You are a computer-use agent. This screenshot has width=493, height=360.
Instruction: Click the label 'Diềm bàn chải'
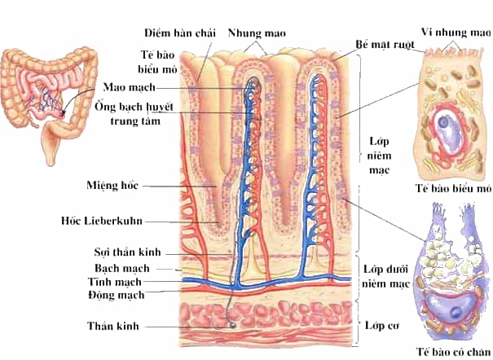click(x=180, y=33)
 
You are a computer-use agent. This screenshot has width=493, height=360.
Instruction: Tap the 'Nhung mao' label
click(x=257, y=33)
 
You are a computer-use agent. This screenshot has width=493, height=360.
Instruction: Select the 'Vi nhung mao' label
click(x=456, y=32)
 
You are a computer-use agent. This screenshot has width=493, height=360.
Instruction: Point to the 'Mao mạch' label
click(x=130, y=87)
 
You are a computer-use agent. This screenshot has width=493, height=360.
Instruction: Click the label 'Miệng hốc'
click(x=112, y=185)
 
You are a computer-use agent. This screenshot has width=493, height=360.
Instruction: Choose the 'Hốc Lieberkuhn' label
click(x=102, y=221)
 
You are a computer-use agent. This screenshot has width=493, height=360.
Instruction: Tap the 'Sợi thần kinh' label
click(x=127, y=252)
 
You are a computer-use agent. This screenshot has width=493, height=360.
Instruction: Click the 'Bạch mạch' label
click(x=122, y=268)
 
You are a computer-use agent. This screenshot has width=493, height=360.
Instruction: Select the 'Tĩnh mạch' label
click(x=114, y=282)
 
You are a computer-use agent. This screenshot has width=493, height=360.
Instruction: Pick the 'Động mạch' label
click(x=117, y=295)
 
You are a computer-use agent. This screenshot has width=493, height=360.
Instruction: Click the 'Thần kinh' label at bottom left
click(x=113, y=326)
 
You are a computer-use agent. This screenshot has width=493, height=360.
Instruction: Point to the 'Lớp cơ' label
click(x=381, y=326)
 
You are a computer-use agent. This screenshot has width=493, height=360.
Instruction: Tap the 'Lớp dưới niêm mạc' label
click(x=385, y=276)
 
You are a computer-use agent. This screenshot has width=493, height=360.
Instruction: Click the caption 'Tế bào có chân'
click(x=454, y=352)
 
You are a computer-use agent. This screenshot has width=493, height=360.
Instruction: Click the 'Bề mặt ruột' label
click(x=385, y=44)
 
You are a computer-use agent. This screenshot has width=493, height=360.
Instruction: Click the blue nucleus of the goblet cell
click(x=456, y=312)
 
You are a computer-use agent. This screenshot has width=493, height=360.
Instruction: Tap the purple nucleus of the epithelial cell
click(x=443, y=122)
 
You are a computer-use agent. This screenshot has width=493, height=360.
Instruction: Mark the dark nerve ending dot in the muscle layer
click(x=233, y=326)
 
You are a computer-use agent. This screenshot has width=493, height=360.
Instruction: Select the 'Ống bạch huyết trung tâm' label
click(x=134, y=114)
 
